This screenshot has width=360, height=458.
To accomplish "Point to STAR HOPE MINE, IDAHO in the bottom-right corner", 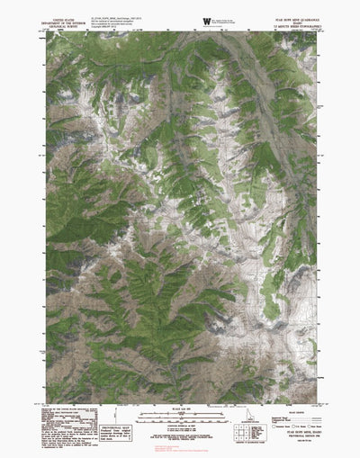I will pos(297,433).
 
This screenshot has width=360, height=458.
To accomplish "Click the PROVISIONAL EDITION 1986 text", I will pos(297,436).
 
